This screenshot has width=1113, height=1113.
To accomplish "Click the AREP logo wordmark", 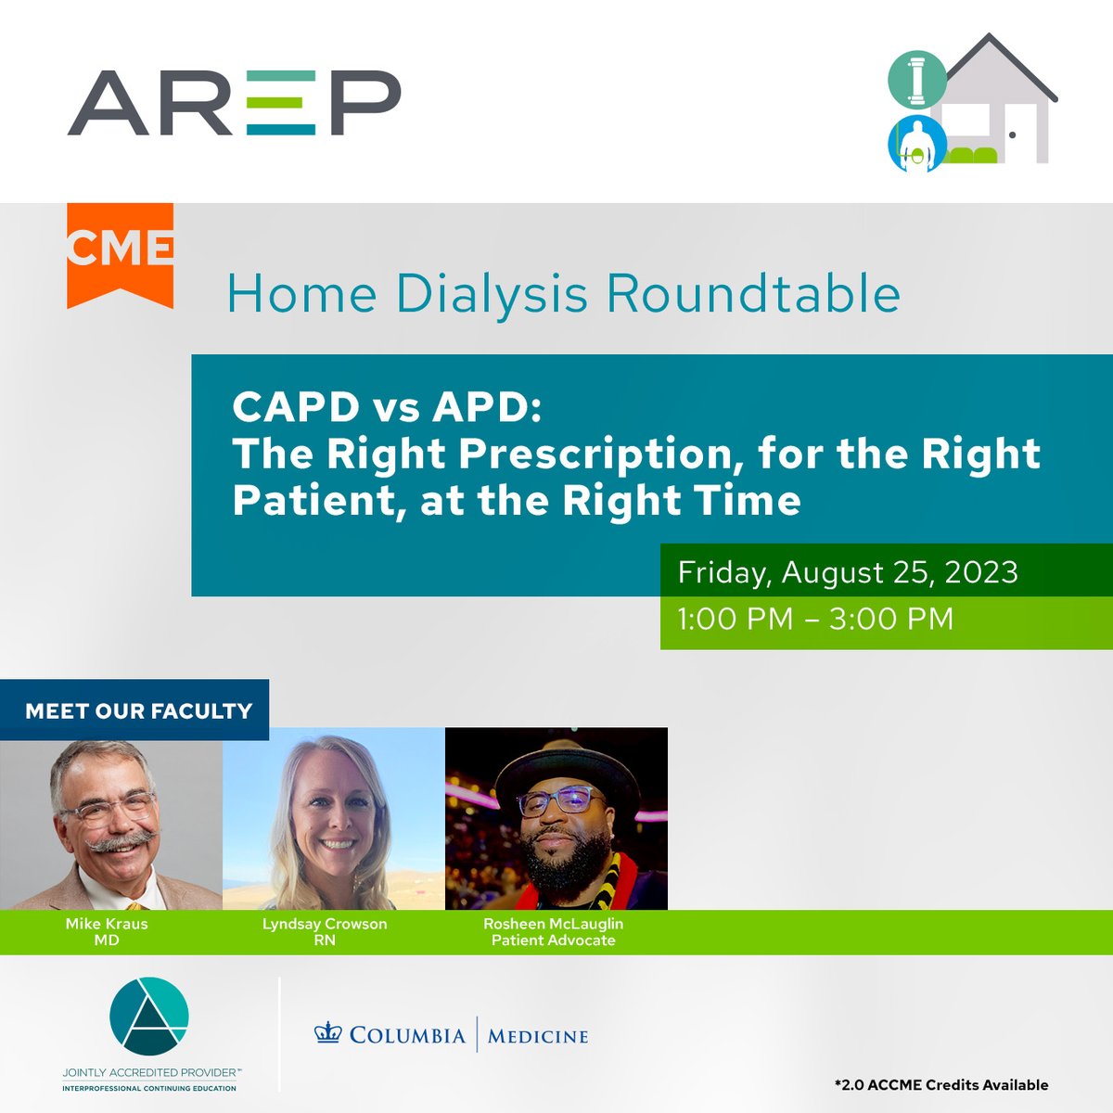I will coord(234,103).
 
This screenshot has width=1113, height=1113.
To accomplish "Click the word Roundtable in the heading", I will coord(753,294).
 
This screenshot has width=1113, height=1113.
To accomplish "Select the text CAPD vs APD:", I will coord(386,407).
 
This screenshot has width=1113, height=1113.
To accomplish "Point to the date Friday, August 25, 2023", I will coord(848,572).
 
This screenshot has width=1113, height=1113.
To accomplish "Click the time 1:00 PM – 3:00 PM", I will coord(815,619).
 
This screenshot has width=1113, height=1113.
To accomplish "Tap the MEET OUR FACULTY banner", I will coord(138,711).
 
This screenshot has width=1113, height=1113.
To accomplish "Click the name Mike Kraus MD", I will coord(107,931).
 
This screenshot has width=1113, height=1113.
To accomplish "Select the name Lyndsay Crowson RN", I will coord(325,931).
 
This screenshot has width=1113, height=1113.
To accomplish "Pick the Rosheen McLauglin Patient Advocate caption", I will coord(554,931).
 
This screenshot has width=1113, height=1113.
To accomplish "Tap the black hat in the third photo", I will coord(568,760).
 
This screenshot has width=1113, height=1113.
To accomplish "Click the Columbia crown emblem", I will coord(328,1033).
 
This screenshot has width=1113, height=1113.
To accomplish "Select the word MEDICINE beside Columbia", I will coord(538,1035).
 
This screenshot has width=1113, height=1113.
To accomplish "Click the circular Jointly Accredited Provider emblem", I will coord(149,1015).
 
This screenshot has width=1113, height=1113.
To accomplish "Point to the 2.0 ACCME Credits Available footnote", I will coord(940,1084).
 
